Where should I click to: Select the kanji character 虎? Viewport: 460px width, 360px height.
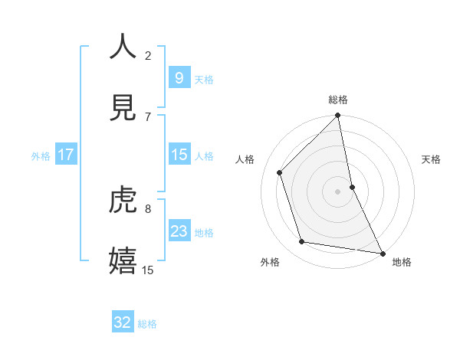click(123, 199)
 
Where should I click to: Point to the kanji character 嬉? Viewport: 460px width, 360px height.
click(123, 260)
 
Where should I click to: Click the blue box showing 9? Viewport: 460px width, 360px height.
click(179, 77)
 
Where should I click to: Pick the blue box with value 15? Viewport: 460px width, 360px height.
click(179, 155)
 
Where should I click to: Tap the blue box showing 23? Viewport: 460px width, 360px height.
click(179, 231)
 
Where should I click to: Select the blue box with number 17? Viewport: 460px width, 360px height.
click(66, 155)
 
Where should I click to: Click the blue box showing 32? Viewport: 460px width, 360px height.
click(123, 322)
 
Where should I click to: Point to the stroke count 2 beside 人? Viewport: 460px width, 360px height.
click(148, 55)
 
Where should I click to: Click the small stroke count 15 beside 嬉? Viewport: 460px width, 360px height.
click(148, 270)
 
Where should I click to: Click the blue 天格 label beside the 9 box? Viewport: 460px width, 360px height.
click(204, 79)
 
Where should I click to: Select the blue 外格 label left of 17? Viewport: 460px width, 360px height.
click(41, 156)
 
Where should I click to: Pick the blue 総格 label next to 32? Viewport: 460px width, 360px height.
click(147, 324)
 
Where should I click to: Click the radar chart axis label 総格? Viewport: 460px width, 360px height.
click(338, 100)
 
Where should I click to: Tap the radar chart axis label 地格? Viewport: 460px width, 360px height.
click(402, 262)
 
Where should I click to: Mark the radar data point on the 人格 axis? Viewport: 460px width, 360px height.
click(280, 172)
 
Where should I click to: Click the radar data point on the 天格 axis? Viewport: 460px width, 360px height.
click(352, 186)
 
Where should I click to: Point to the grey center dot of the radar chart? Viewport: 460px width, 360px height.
click(337, 191)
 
